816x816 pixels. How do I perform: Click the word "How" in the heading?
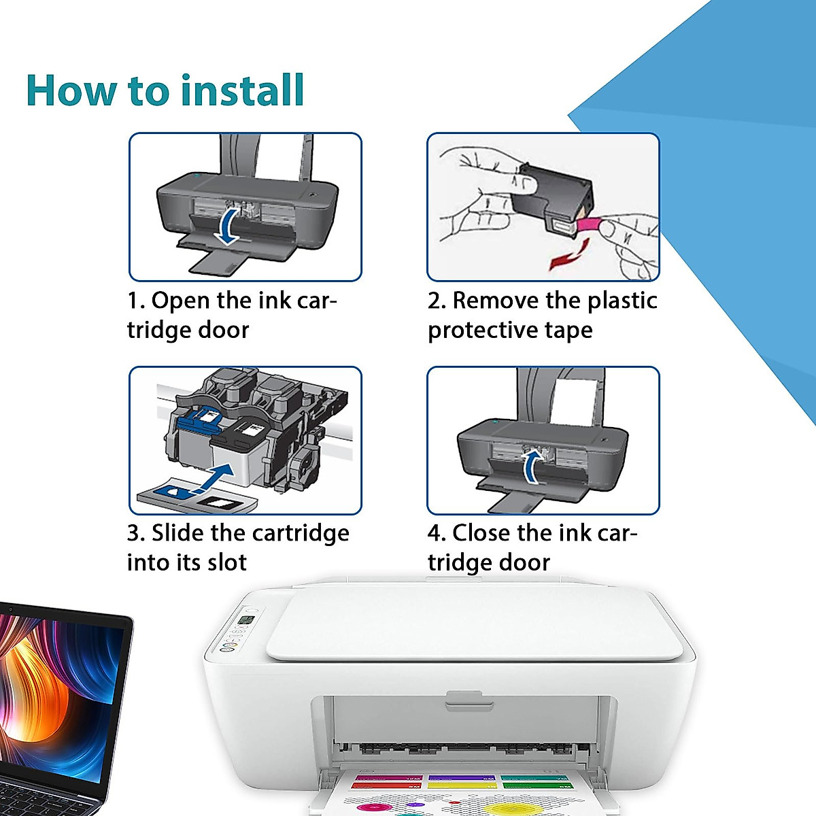[x=71, y=90]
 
